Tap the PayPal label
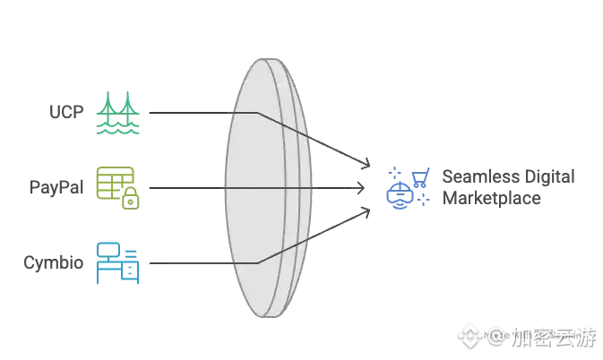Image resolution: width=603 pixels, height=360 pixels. point(58,188)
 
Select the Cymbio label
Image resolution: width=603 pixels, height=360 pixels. point(55,263)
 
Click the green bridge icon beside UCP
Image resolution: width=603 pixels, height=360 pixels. point(117,113)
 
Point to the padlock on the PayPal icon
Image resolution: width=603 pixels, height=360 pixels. point(131,200)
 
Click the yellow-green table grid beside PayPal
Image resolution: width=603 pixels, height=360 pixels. point(113,183)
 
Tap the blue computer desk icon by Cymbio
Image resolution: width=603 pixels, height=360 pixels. point(117,262)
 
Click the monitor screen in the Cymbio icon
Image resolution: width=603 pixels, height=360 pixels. point(109,250)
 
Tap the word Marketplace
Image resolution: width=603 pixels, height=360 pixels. point(491,198)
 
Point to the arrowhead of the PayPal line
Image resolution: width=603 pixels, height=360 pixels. point(362,188)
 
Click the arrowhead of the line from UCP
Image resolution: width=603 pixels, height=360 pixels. point(366,164)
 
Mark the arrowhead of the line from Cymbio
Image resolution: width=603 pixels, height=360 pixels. point(366,211)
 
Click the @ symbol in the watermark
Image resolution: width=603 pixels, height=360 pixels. point(497,338)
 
